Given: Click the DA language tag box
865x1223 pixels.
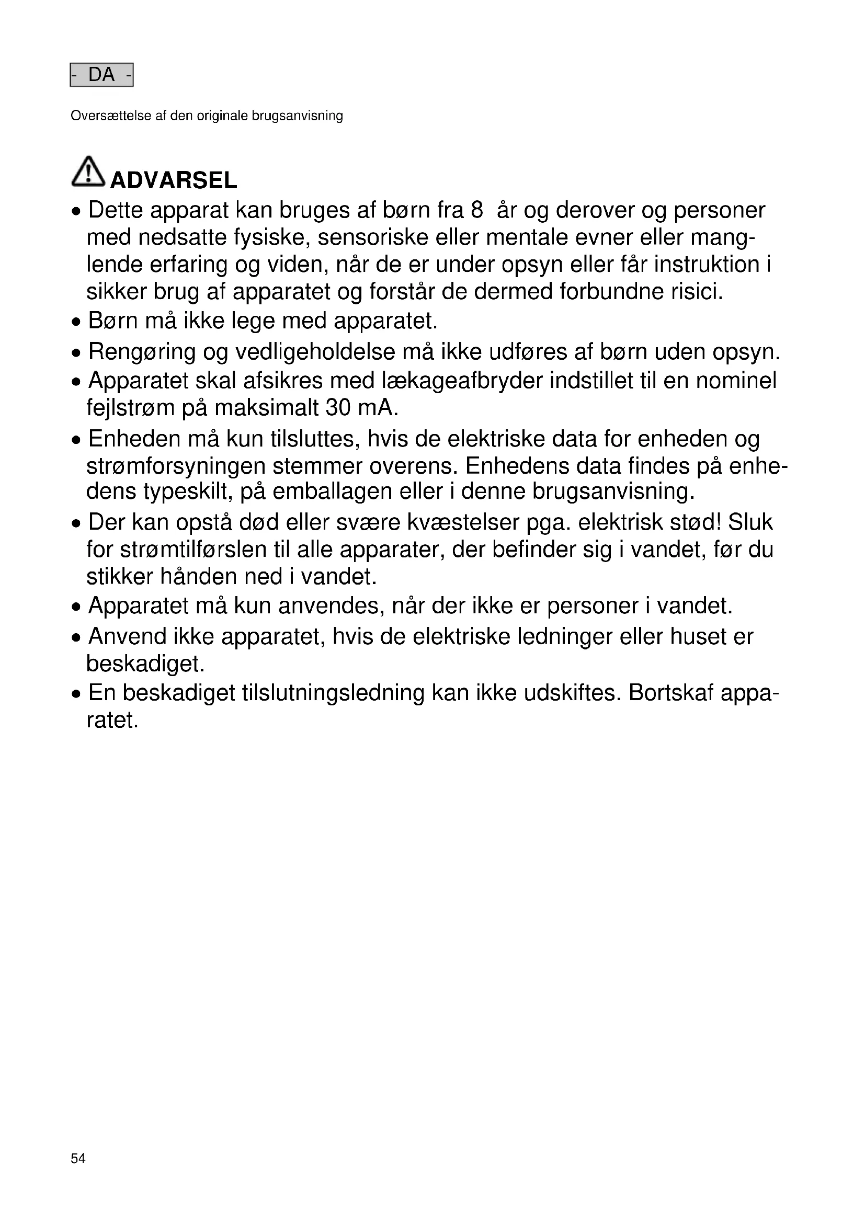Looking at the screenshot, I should coord(101,75).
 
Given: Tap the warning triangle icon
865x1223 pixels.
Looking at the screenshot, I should coord(88,172).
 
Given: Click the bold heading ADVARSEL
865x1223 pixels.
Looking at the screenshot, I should coord(173,180).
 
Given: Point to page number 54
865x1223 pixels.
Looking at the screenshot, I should coord(78,1173).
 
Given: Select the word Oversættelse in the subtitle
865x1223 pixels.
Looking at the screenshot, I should coord(111,116).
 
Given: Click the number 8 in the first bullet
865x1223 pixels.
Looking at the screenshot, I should coord(477,210).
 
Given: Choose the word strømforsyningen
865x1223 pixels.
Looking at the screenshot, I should coord(176,466).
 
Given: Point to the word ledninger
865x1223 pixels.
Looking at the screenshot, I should coord(566,636).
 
